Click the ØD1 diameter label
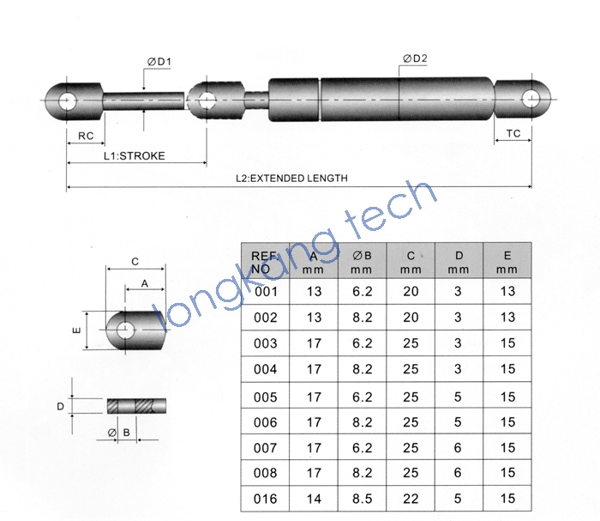tap(159, 62)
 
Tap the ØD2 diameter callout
tap(415, 58)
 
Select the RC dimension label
tap(86, 136)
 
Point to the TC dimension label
tap(513, 133)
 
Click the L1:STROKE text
tap(135, 156)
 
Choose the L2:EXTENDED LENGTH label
tap(291, 179)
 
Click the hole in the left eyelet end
tap(68, 101)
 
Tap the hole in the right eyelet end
tap(531, 100)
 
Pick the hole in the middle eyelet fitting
tap(207, 100)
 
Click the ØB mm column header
tap(362, 263)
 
